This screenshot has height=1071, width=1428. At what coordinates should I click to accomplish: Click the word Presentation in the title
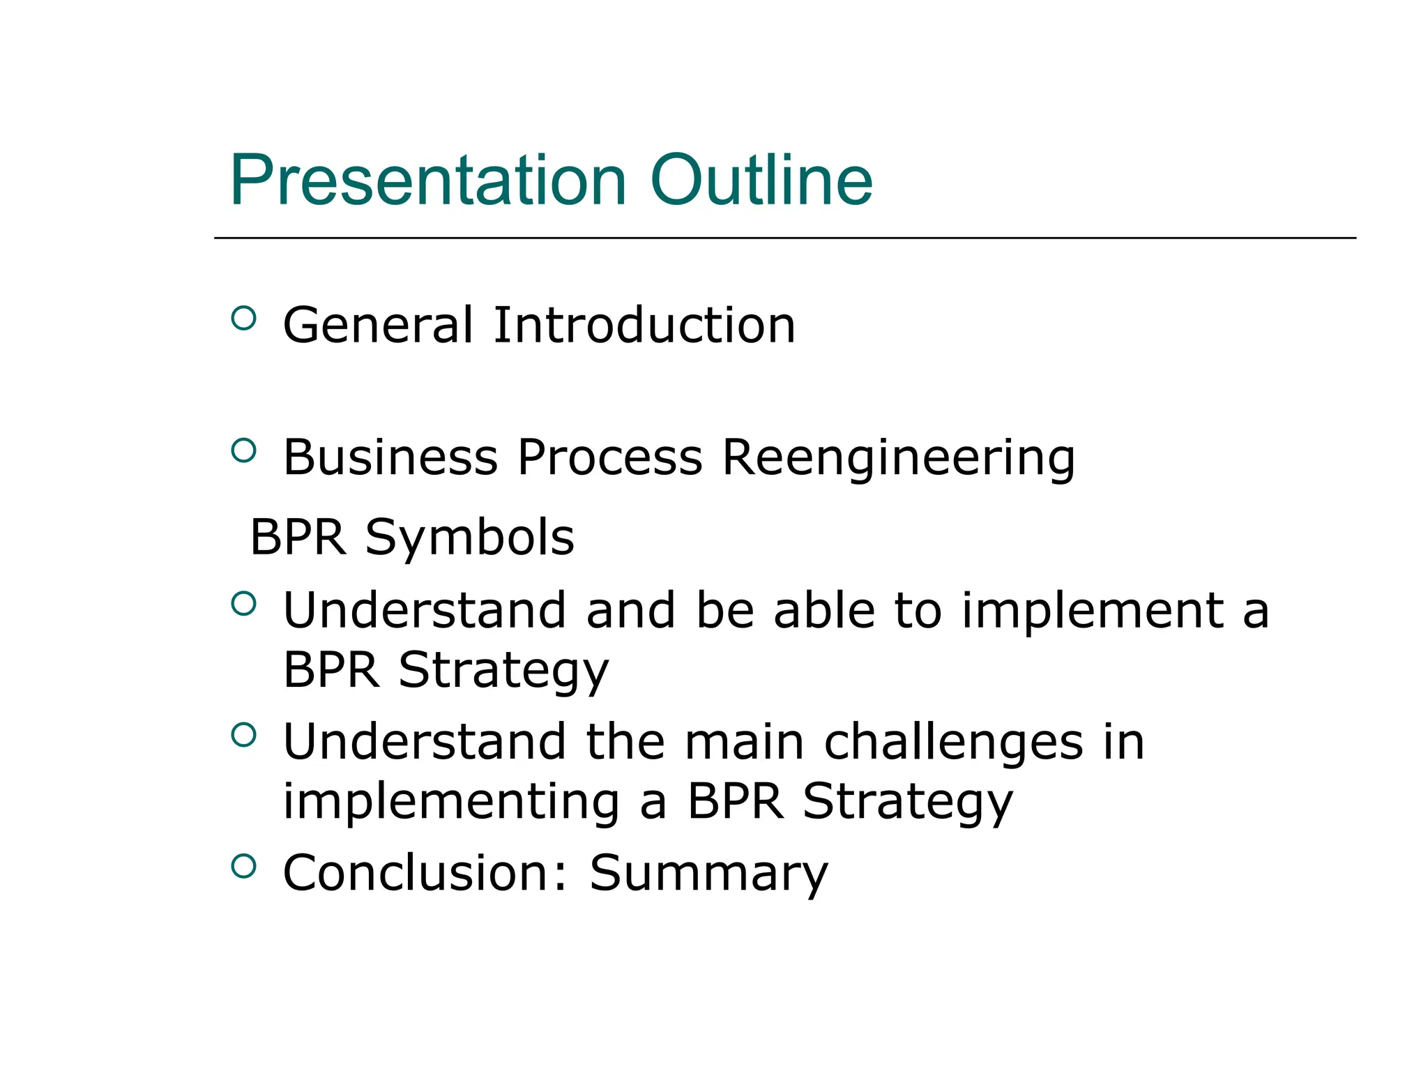click(x=428, y=180)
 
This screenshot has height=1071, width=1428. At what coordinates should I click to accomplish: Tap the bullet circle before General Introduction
click(x=243, y=319)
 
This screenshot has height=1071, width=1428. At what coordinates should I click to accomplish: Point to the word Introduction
click(x=644, y=325)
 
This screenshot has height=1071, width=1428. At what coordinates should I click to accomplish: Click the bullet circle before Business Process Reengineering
click(x=243, y=450)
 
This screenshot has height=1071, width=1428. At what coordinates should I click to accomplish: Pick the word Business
click(x=390, y=457)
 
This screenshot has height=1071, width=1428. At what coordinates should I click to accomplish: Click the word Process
click(x=609, y=457)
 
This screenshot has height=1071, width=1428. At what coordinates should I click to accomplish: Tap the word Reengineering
click(x=898, y=459)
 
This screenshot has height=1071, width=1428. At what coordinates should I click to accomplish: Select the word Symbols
click(x=469, y=538)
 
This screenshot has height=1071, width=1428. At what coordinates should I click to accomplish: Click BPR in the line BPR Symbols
click(x=298, y=538)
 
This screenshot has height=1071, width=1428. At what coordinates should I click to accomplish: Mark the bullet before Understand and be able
click(x=243, y=603)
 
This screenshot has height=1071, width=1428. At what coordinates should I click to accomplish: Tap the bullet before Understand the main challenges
click(x=243, y=735)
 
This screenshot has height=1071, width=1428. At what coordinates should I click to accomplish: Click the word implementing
click(x=450, y=802)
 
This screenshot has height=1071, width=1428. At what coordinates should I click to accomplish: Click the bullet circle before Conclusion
click(x=243, y=866)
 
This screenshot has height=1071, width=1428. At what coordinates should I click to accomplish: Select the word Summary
click(x=708, y=874)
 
